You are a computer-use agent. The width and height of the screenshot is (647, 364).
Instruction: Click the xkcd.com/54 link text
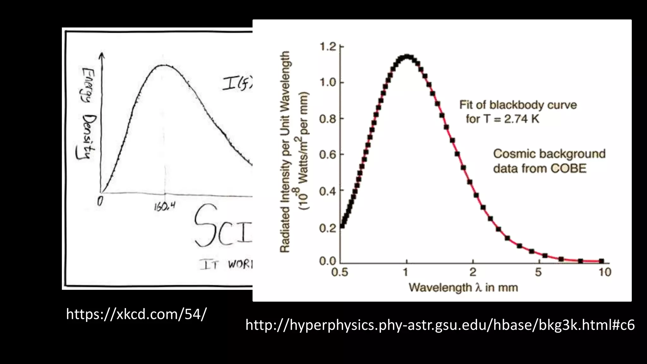point(136,314)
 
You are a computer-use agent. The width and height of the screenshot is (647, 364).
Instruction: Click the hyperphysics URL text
point(440,325)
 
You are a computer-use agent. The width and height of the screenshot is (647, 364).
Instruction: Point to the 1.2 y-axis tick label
point(328,47)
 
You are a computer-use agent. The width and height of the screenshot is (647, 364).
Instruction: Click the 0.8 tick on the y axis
point(328,119)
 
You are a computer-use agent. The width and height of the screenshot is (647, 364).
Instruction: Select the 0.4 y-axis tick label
point(328,191)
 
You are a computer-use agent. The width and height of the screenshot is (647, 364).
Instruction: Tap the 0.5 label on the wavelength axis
point(340,272)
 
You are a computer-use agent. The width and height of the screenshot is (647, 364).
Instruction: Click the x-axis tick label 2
point(473,272)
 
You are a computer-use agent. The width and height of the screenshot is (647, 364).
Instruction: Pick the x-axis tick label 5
point(538,272)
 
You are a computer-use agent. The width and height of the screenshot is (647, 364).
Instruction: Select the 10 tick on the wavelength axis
point(605,272)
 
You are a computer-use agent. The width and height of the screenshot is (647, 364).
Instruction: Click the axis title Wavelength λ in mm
point(463,288)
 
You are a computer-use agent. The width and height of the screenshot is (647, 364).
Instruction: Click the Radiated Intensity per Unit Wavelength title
point(285,152)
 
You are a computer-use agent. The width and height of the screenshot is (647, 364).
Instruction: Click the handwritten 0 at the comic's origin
point(100,201)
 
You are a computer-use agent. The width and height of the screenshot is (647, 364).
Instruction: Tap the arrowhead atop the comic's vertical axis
point(101,55)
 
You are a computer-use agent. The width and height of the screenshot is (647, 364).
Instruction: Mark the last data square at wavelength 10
point(601,261)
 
